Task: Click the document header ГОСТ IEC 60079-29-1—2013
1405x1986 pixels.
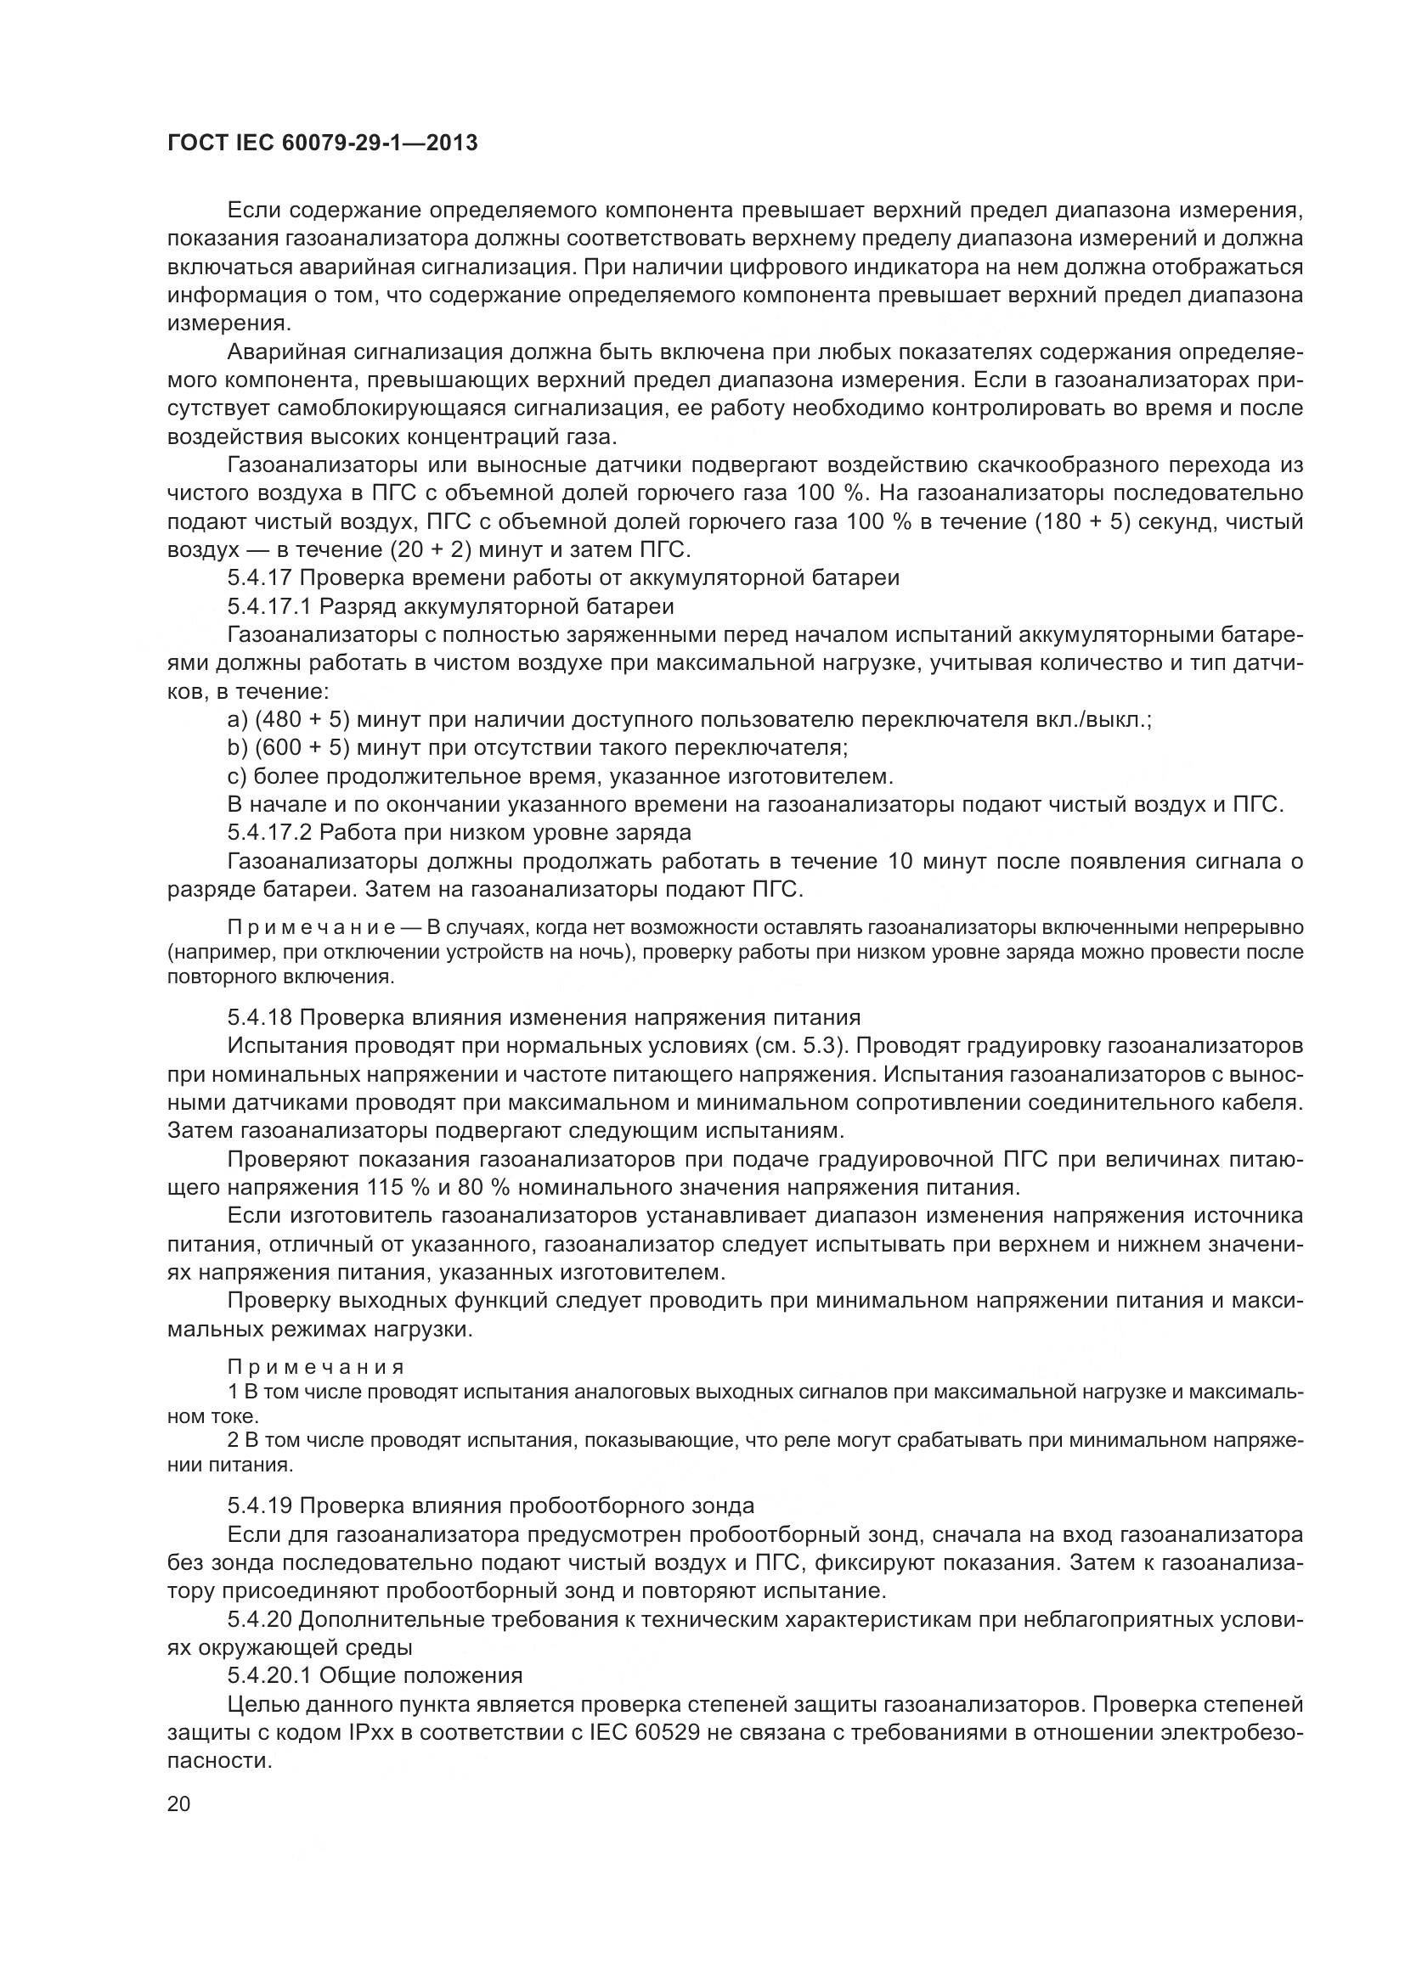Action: point(322,143)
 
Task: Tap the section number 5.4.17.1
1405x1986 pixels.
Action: point(269,606)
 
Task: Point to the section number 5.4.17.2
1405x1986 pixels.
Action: point(269,833)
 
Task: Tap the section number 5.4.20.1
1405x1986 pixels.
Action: point(269,1675)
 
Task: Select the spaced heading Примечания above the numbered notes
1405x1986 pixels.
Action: point(316,1368)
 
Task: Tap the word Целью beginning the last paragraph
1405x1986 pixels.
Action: point(260,1704)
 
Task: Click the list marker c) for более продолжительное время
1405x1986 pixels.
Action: point(236,777)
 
